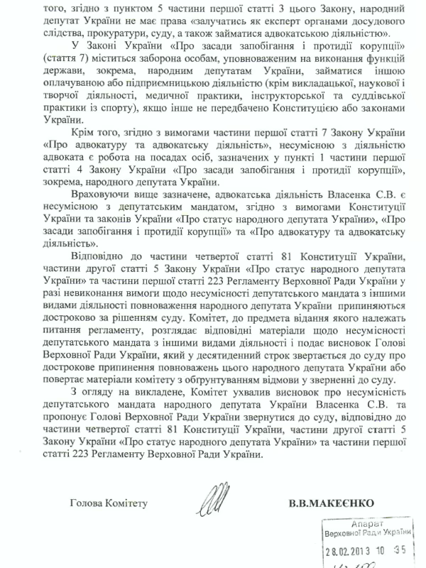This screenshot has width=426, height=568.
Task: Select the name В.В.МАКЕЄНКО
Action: pos(334,503)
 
